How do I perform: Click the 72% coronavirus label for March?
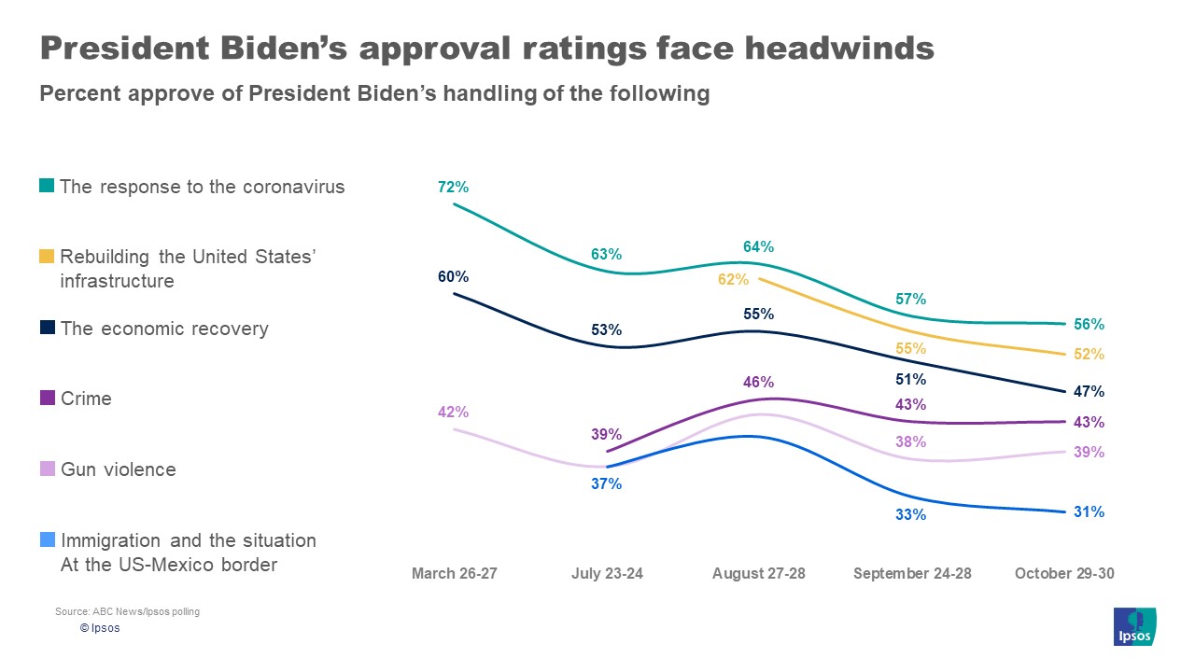click(453, 188)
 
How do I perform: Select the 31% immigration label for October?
click(1089, 512)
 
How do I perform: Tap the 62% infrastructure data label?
click(734, 279)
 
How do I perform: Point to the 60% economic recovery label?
click(453, 277)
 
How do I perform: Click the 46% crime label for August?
click(759, 382)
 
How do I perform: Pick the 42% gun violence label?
click(453, 413)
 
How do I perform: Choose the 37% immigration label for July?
click(606, 484)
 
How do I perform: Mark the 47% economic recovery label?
click(1089, 392)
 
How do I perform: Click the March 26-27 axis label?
click(455, 573)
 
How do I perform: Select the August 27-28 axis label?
click(759, 573)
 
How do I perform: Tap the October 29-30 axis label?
click(1064, 573)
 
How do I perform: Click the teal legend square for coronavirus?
click(47, 186)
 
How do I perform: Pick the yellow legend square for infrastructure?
click(47, 257)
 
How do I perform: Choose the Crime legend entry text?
click(86, 399)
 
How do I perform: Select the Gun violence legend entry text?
click(118, 469)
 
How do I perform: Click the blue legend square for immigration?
click(47, 539)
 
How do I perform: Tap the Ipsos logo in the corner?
click(1135, 626)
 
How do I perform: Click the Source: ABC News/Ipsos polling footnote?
click(127, 612)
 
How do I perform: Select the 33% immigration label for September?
click(911, 514)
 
